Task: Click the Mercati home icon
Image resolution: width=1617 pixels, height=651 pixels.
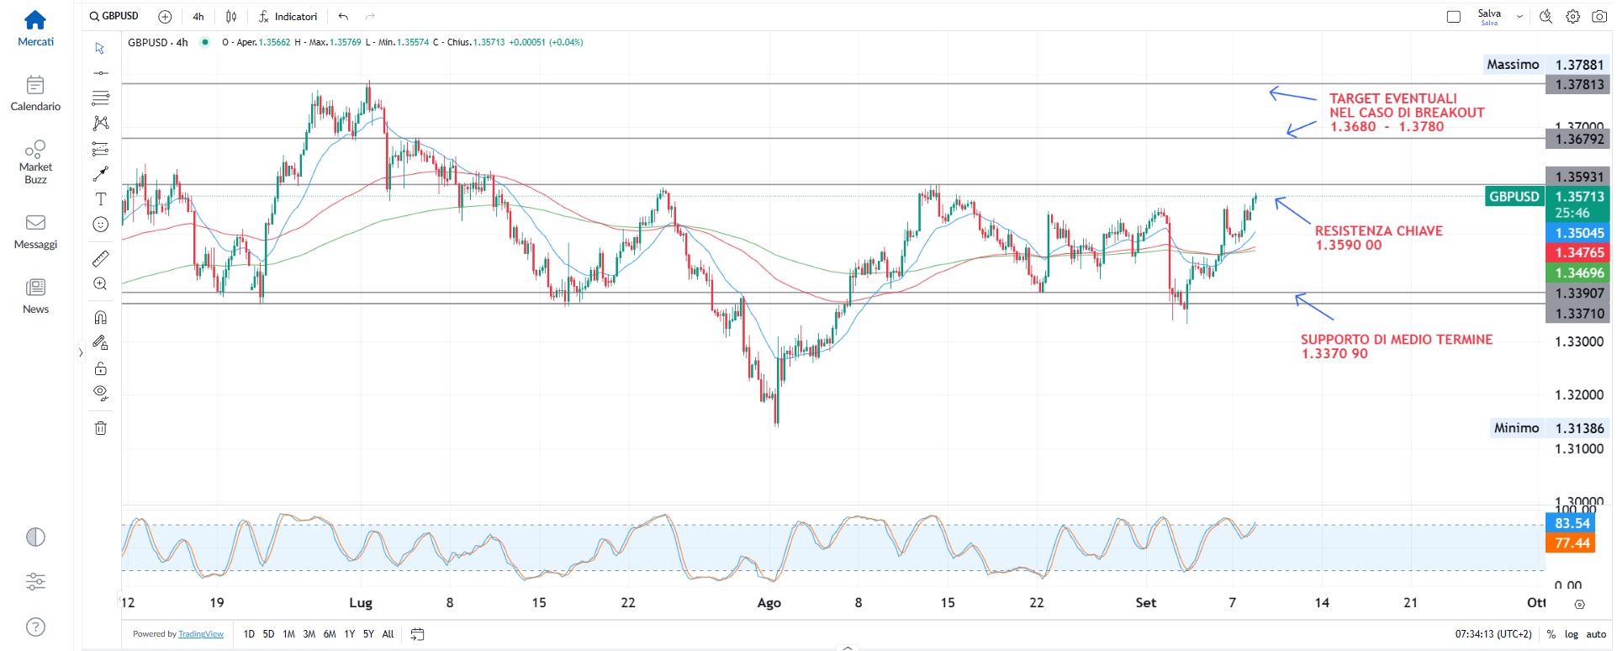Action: [x=35, y=19]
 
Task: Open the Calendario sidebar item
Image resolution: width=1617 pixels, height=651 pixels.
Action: [x=35, y=85]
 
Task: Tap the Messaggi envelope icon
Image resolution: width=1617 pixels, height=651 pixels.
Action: [x=35, y=223]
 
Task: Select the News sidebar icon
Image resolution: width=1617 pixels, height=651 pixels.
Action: [x=35, y=288]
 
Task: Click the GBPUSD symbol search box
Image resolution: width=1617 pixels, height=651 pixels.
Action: [x=114, y=16]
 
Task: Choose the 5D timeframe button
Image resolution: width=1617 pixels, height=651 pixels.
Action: [x=268, y=634]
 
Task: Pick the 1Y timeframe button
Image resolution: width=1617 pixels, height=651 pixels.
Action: [x=349, y=634]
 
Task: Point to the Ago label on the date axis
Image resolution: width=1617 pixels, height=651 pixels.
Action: [x=769, y=603]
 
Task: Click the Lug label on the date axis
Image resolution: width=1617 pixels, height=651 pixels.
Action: [x=360, y=603]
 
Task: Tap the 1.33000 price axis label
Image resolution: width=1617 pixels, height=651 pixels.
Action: [x=1579, y=341]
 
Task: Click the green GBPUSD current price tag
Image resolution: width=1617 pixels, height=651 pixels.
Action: [x=1514, y=197]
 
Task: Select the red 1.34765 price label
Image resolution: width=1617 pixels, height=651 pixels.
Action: [x=1579, y=252]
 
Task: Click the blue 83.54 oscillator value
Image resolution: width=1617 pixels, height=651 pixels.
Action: [x=1572, y=523]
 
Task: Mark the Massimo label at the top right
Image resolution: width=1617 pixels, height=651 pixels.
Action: [x=1513, y=65]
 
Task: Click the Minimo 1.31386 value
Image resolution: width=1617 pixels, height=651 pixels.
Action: [x=1579, y=428]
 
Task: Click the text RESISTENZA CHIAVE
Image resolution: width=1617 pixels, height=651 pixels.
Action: [x=1378, y=230]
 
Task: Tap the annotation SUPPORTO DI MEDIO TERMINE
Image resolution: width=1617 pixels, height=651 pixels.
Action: [x=1396, y=340]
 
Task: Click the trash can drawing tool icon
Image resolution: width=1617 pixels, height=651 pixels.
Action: [x=101, y=428]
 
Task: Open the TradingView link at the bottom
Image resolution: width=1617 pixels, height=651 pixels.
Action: [x=201, y=634]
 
